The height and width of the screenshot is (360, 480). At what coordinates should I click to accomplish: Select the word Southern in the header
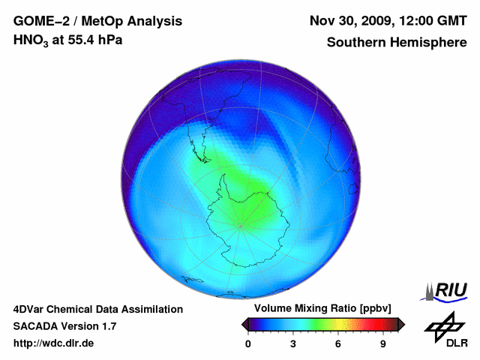point(354,43)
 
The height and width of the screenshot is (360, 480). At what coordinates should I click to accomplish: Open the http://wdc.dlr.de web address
point(54,343)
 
